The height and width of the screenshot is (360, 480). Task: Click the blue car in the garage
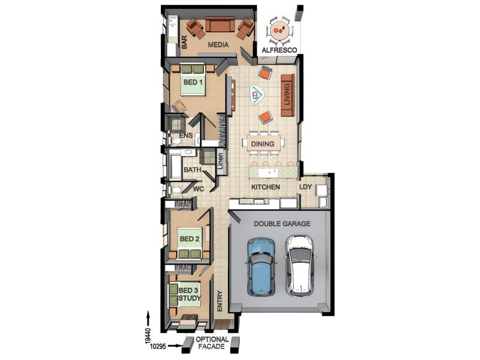(260, 266)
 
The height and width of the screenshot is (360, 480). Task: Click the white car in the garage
(299, 265)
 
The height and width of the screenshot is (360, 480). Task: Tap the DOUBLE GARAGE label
(282, 224)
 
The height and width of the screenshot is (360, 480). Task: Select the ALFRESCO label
(279, 50)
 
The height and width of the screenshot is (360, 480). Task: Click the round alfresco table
(280, 31)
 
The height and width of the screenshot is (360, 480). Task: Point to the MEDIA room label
(218, 44)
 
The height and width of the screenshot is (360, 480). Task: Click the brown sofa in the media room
(220, 25)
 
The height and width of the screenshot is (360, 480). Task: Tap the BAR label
(184, 42)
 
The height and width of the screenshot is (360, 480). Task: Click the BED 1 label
(193, 82)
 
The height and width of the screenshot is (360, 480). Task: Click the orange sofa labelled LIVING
(287, 95)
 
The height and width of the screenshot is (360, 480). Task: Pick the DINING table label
(263, 144)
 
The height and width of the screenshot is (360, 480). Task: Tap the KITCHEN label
(265, 187)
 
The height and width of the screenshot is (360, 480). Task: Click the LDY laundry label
(305, 187)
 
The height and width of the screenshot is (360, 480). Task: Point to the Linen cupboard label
(220, 161)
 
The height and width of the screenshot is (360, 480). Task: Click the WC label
(199, 189)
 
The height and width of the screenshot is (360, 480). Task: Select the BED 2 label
(190, 239)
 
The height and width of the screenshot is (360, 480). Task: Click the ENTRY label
(220, 301)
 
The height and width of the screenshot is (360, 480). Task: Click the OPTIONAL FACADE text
(212, 343)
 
